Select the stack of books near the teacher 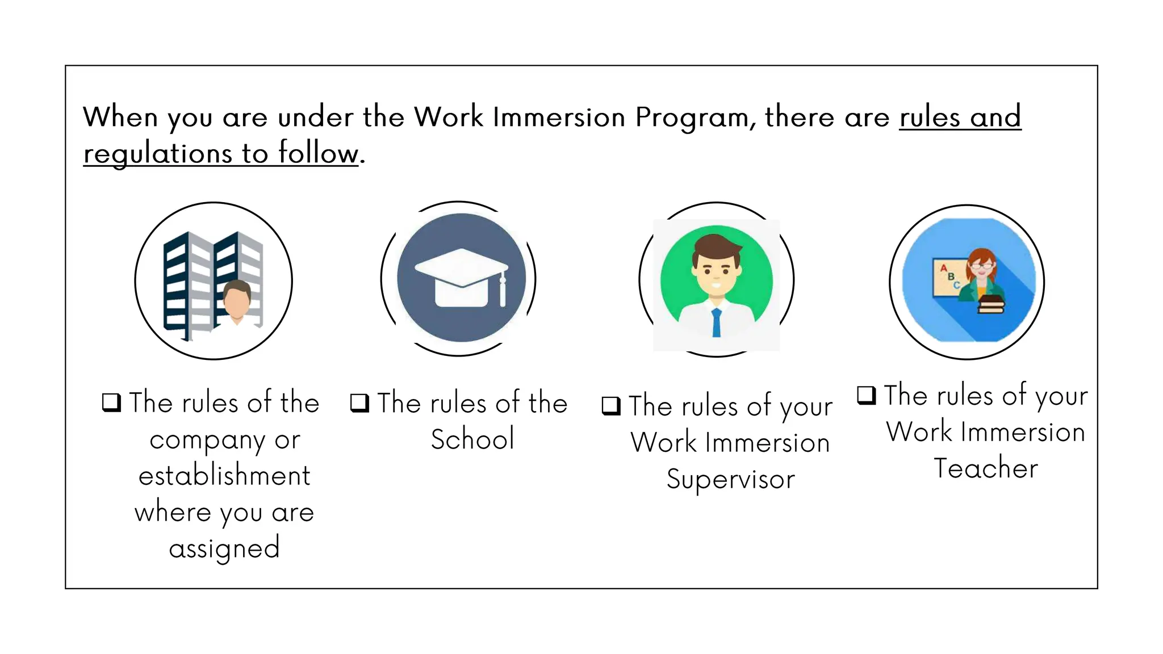click(x=991, y=304)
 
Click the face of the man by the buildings click(x=237, y=301)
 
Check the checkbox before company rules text click(x=111, y=403)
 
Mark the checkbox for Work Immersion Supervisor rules click(x=611, y=406)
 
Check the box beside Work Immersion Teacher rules click(x=867, y=395)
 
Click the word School click(x=472, y=439)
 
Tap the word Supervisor click(x=731, y=480)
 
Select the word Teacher click(x=986, y=469)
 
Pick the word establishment click(x=225, y=476)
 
